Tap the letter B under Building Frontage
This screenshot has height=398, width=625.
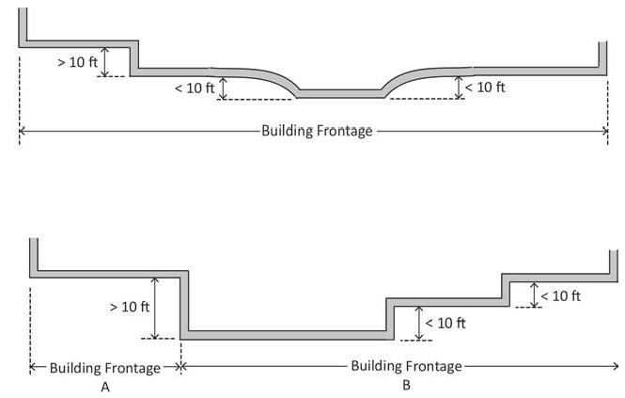pyautogui.click(x=406, y=385)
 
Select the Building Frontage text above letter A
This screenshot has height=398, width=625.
pyautogui.click(x=104, y=368)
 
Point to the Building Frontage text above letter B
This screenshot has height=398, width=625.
pyautogui.click(x=406, y=365)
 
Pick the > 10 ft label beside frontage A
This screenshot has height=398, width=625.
pyautogui.click(x=129, y=307)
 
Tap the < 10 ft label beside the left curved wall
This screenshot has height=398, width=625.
pyautogui.click(x=195, y=88)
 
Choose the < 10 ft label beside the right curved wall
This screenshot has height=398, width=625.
pyautogui.click(x=485, y=87)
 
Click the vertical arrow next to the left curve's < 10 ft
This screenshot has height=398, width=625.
pyautogui.click(x=223, y=88)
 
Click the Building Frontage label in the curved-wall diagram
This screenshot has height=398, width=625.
pyautogui.click(x=317, y=131)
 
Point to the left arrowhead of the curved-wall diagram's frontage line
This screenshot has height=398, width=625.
pyautogui.click(x=23, y=131)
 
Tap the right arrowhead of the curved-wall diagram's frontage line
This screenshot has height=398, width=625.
pyautogui.click(x=604, y=131)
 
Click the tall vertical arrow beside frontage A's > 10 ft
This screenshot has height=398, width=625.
pyautogui.click(x=154, y=308)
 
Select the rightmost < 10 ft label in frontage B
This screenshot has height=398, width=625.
pyautogui.click(x=560, y=295)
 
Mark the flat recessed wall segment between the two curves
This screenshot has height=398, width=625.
pyautogui.click(x=340, y=92)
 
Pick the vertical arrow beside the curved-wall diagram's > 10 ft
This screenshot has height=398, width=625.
pyautogui.click(x=105, y=62)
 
